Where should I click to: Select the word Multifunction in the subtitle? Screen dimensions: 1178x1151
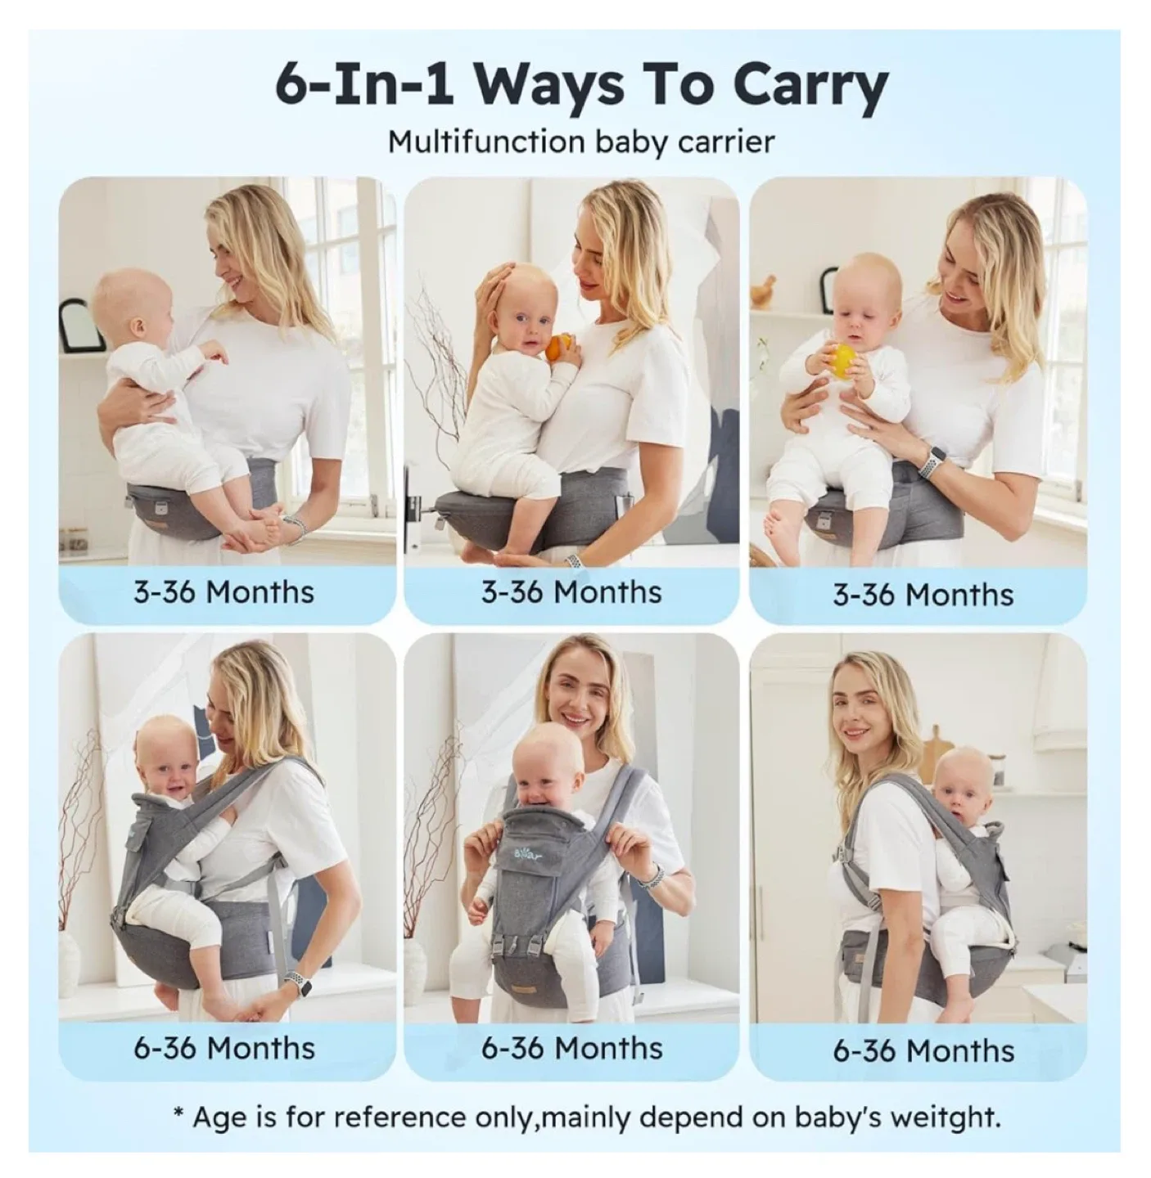pyautogui.click(x=485, y=142)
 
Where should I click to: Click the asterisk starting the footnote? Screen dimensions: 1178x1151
pyautogui.click(x=178, y=1114)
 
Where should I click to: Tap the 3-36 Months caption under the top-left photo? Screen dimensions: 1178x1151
pyautogui.click(x=223, y=591)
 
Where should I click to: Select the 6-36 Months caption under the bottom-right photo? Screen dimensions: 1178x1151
pyautogui.click(x=923, y=1050)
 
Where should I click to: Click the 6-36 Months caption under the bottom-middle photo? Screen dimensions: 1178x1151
pyautogui.click(x=571, y=1048)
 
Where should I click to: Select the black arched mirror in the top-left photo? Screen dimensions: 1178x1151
pyautogui.click(x=83, y=324)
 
